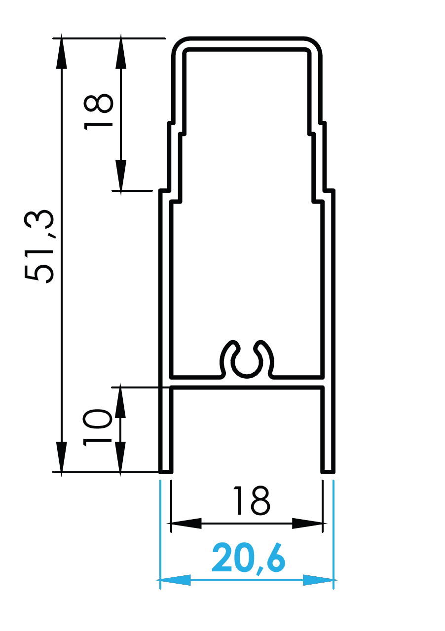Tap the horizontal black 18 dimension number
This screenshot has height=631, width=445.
pyautogui.click(x=251, y=501)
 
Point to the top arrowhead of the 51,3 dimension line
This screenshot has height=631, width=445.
pyautogui.click(x=61, y=52)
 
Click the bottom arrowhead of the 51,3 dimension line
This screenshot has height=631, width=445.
pyautogui.click(x=61, y=457)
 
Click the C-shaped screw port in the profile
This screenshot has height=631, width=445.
pyautogui.click(x=247, y=360)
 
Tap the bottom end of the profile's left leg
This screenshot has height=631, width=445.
pyautogui.click(x=166, y=471)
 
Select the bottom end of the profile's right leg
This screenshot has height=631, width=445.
pyautogui.click(x=328, y=471)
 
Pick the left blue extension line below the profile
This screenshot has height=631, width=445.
pyautogui.click(x=160, y=532)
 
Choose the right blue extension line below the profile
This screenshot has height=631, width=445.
pyautogui.click(x=334, y=532)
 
